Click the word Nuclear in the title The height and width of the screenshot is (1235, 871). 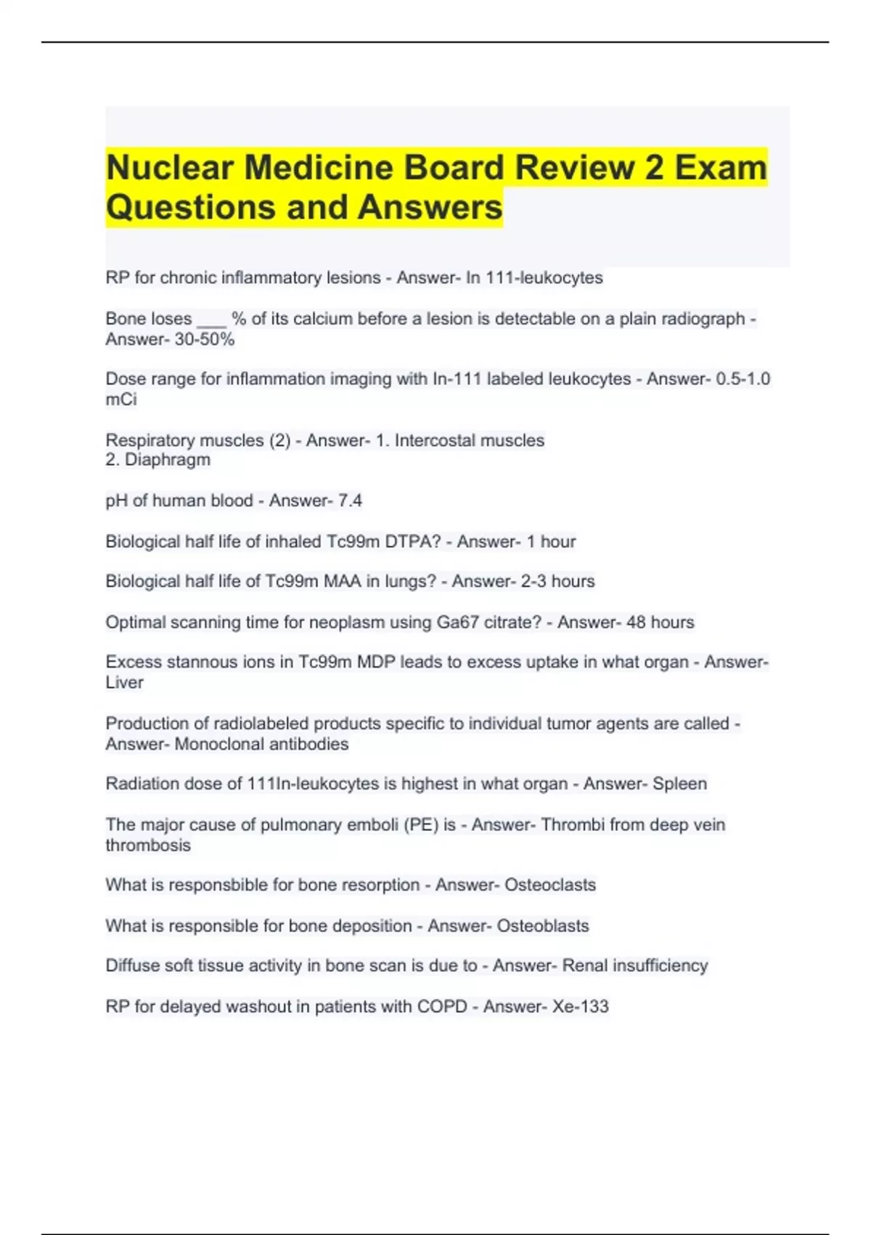171,168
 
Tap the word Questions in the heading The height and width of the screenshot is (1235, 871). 191,207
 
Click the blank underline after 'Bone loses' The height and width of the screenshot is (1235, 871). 211,320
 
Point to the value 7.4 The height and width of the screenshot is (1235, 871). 350,501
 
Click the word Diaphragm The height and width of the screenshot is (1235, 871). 168,460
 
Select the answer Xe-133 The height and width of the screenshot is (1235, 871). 580,1006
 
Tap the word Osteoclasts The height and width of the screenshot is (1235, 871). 549,885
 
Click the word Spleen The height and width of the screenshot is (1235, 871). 679,784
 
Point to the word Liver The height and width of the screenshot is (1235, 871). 124,683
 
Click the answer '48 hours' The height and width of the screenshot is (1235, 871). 661,623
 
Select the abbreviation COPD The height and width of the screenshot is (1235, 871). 441,1006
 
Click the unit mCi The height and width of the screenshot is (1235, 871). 120,400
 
